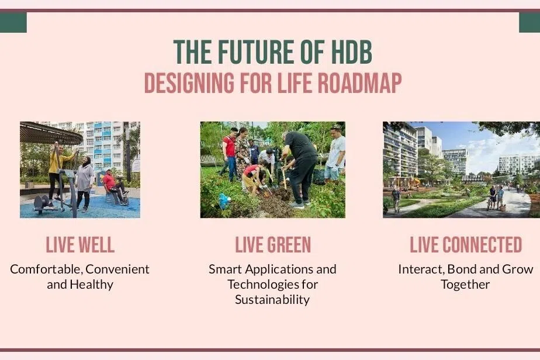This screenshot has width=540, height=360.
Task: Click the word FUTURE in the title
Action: pos(256,52)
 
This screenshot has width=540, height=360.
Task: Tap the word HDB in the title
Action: pos(351,52)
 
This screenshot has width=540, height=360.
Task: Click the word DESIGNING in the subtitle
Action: pos(189,83)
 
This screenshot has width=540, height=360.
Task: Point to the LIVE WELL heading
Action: pos(80,245)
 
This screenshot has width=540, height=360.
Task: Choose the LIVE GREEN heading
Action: pos(273,245)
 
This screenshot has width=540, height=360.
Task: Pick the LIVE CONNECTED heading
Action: pos(466,245)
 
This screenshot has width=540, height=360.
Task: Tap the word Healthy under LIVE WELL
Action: pos(91,285)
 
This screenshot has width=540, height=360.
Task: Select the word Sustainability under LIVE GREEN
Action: pos(272,300)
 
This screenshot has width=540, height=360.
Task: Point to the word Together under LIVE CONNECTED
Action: pos(465,285)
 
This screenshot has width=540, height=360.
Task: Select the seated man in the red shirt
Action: pos(115,186)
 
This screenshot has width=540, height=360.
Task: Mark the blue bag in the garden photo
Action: pos(224,201)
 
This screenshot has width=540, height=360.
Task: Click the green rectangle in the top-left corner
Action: pos(13,22)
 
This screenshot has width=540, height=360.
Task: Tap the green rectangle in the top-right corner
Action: pos(529,22)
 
